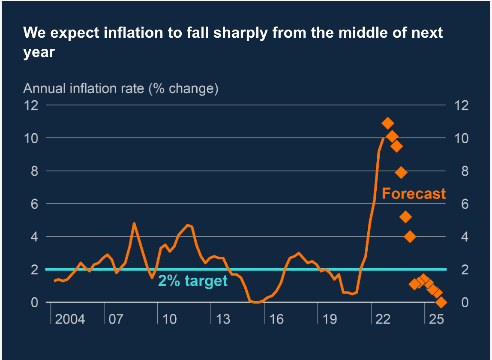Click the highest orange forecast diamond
point(387,123)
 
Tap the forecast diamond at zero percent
point(441,303)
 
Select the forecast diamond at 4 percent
point(410,237)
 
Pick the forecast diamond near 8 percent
point(401,173)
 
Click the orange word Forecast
point(414,194)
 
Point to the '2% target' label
point(193,281)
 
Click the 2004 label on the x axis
point(70,319)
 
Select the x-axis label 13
point(223,319)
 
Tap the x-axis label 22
point(383,319)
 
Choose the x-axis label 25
point(435,319)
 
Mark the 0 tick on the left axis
point(35,303)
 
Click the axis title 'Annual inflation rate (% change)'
point(121,89)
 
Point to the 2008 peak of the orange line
point(134,223)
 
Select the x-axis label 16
point(277,319)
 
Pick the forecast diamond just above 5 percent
point(405,217)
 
